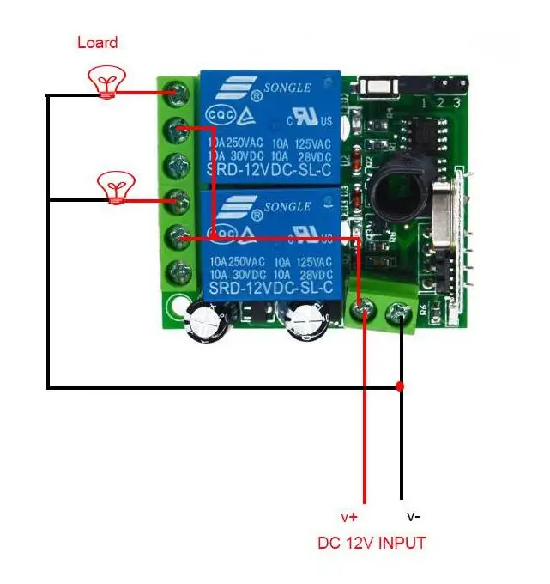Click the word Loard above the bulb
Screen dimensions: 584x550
coord(97,42)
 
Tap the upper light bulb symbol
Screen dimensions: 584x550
coord(106,83)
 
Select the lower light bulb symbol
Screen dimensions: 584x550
coord(115,186)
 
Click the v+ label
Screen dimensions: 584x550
coord(350,517)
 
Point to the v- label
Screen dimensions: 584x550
coord(413,517)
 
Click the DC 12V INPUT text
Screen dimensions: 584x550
coord(372,543)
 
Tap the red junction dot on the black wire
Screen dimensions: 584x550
coord(400,386)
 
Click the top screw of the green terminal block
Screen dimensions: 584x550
coord(179,91)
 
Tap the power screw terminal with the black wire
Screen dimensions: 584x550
coord(399,313)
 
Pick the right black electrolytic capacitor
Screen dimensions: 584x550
coord(306,322)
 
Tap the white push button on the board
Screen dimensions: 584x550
coord(376,86)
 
